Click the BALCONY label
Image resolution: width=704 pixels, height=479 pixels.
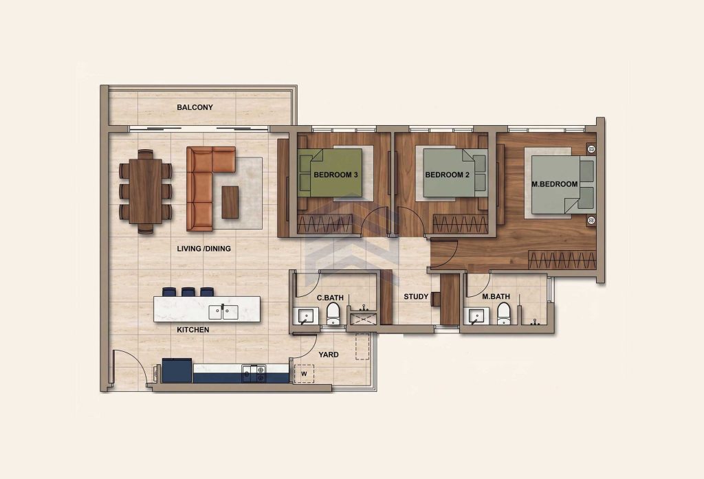[195, 107]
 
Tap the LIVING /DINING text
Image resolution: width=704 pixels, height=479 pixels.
[203, 248]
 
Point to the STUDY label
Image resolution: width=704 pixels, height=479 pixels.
[416, 297]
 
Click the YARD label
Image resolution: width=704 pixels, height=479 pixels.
[329, 355]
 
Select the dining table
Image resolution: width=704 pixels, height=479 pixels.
[146, 191]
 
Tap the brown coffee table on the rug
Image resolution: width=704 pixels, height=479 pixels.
[230, 202]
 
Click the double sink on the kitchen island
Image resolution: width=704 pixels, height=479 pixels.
[224, 312]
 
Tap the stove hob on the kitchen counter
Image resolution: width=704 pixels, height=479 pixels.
[254, 373]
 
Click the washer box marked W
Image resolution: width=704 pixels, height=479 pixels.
[304, 373]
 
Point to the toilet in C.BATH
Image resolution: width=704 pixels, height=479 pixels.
[333, 313]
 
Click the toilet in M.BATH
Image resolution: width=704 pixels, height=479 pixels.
[504, 313]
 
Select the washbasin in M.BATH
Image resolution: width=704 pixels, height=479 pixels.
[477, 316]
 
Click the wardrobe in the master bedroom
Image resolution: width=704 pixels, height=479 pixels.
[562, 260]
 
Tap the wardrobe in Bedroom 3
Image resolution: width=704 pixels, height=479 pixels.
[324, 223]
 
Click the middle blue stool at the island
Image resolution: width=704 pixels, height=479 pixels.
[188, 292]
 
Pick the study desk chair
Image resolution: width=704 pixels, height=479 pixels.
[435, 300]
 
